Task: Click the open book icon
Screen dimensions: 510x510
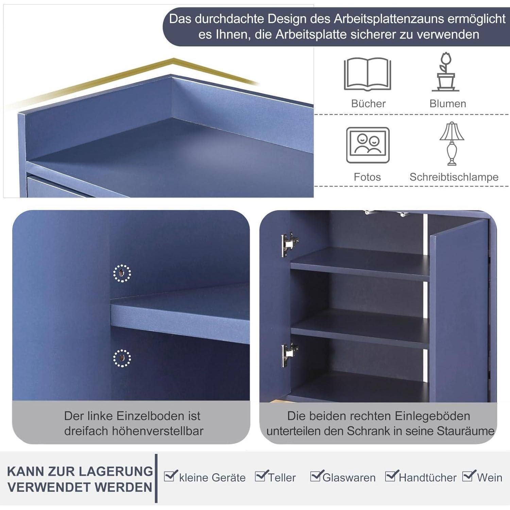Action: point(367,74)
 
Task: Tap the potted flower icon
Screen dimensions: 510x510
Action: point(446,72)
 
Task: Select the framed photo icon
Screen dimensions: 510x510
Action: point(368,145)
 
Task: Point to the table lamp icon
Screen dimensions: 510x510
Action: point(452,144)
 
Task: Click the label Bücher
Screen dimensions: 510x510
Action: point(368,104)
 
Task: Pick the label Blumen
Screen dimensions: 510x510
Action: point(448,104)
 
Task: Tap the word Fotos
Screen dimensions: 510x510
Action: point(367,177)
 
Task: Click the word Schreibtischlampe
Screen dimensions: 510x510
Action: point(454,177)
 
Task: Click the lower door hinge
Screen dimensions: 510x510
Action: point(290,355)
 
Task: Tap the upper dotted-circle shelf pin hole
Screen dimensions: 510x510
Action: point(122,273)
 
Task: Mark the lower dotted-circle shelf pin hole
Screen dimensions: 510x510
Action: point(122,358)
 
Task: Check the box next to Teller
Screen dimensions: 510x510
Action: point(261,476)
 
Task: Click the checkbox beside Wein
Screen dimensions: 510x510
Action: point(469,476)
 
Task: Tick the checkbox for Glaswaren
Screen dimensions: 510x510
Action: point(316,476)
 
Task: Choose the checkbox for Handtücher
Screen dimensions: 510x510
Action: point(391,476)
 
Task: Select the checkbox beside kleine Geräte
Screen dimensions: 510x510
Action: point(170,476)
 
